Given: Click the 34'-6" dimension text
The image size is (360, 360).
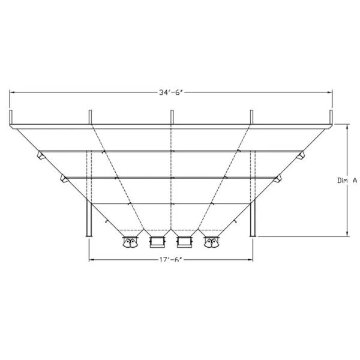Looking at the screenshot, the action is [171, 92].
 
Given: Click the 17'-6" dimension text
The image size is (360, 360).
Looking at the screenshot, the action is [171, 260].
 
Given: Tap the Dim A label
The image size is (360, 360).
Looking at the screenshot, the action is [347, 181].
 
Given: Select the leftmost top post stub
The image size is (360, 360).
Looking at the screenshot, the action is [11, 118].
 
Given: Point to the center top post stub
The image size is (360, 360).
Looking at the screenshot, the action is [172, 117].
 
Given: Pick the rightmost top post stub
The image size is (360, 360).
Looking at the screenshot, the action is [331, 118].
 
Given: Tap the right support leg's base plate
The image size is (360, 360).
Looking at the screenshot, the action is [253, 236].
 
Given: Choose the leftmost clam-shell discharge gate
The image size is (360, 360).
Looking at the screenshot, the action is [130, 242].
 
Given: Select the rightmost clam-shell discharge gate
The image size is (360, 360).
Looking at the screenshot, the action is [211, 242].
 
